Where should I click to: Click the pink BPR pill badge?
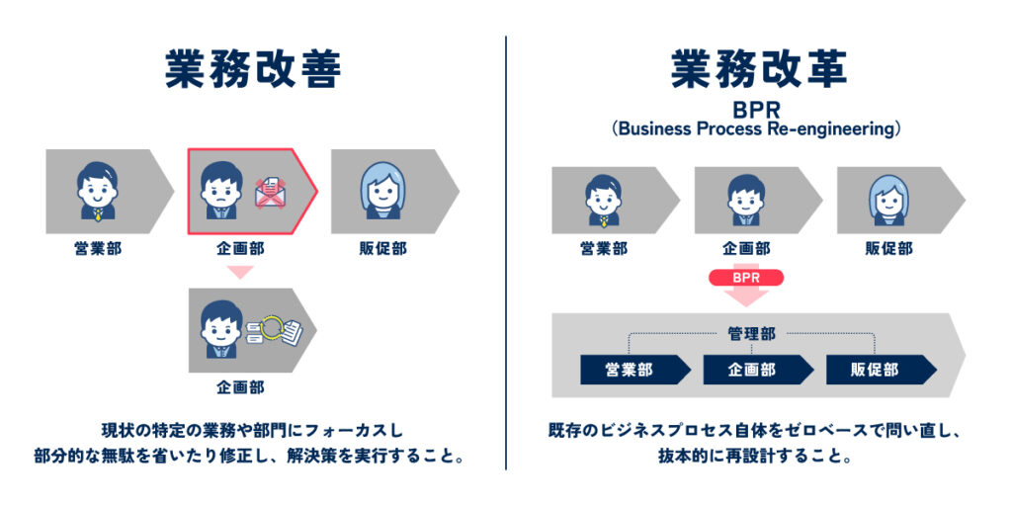coord(746,277)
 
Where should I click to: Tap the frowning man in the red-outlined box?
coord(219,185)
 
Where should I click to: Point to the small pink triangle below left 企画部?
coord(239,272)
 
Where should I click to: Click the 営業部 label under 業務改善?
coord(98,249)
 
